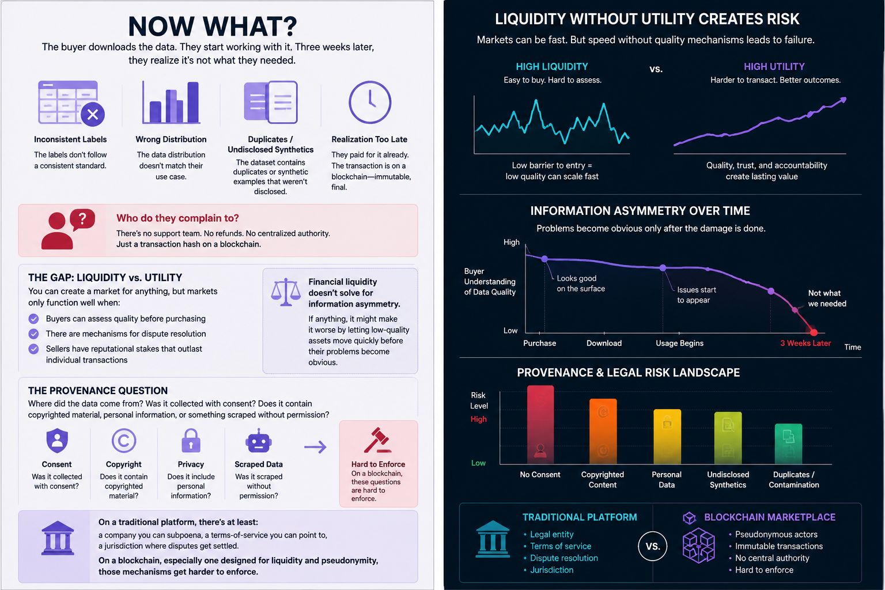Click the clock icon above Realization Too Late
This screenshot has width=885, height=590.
coord(370,103)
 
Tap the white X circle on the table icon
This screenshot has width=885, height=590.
coord(93,115)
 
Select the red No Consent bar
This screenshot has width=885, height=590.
coord(540,425)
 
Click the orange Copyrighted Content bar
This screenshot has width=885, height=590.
coord(603,431)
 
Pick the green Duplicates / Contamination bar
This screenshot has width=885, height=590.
coord(788,444)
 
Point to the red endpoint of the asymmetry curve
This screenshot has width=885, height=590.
coord(814,332)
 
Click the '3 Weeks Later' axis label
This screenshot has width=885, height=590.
coord(805,343)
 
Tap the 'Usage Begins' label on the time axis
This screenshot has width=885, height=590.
coord(679,343)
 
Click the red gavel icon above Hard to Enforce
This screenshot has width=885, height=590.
coord(378,440)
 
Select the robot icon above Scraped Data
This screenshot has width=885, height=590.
coord(258,440)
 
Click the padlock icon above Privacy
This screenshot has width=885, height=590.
coord(191,440)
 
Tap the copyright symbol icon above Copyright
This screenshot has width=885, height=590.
coord(124,440)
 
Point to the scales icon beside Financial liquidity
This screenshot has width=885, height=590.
coord(286,292)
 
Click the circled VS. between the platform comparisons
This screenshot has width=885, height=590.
coord(653,547)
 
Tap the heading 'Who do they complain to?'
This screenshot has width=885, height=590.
coord(177,218)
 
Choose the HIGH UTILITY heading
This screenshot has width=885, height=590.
coord(774,66)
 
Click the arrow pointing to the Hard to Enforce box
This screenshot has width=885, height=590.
coord(315,447)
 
